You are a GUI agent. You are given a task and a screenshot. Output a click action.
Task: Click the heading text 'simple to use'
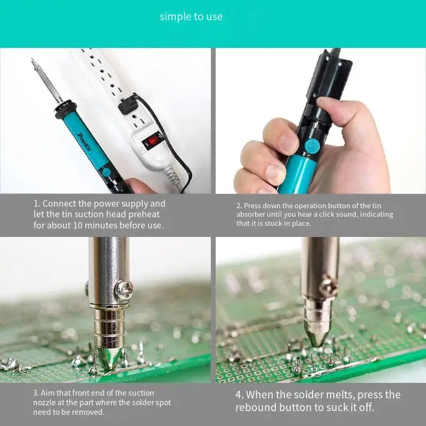click(x=191, y=17)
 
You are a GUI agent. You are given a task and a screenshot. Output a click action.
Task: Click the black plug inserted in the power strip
click(x=128, y=104)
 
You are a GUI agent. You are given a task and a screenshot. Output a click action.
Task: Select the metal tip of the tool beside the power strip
click(x=45, y=80)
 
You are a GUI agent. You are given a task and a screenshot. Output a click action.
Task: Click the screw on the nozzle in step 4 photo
click(x=329, y=286)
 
